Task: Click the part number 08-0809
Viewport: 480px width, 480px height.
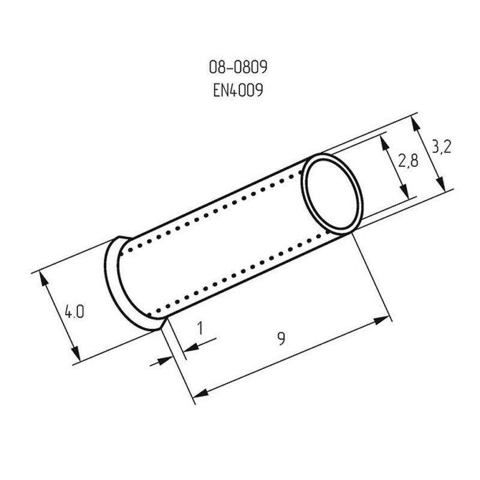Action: [238, 67]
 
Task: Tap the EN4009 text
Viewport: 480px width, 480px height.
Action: [238, 91]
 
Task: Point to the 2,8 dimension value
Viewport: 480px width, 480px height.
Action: [408, 161]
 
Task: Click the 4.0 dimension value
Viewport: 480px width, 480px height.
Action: [74, 312]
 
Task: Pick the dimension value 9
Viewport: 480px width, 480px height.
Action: [281, 339]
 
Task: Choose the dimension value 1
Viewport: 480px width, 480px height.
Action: [200, 328]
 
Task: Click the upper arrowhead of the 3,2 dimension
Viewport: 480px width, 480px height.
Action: [415, 124]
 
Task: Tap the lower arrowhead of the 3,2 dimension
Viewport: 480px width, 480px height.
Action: [440, 184]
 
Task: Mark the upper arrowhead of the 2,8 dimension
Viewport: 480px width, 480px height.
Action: [384, 143]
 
